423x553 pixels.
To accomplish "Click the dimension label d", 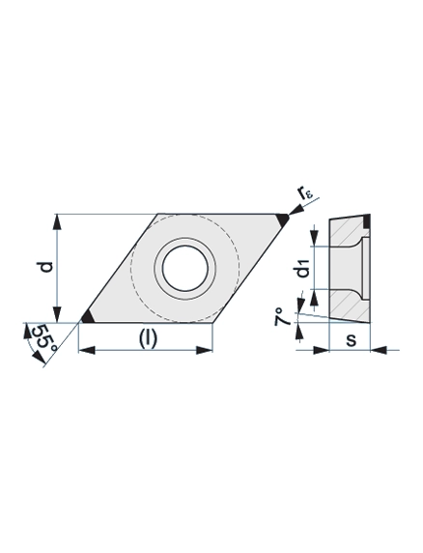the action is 46,268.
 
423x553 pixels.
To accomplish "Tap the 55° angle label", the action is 44,337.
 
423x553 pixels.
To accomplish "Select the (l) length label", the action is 147,338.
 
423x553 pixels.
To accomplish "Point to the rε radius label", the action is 306,193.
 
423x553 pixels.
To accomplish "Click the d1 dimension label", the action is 303,269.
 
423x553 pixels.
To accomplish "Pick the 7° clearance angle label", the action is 283,316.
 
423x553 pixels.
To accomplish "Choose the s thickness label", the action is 351,340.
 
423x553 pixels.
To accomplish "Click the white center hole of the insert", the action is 185,269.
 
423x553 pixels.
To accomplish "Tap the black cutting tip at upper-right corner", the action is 282,220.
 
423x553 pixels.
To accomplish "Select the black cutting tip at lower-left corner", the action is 87,317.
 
